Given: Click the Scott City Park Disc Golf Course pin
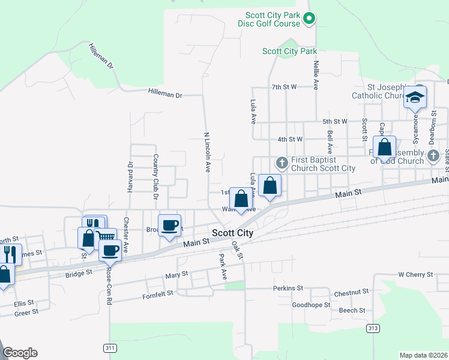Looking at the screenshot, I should coord(310,19).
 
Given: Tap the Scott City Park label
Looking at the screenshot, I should coord(289,52).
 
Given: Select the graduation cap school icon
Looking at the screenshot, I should coord(415,97).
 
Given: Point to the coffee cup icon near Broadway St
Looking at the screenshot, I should coord(169,226).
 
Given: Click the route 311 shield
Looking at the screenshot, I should coord(109,348).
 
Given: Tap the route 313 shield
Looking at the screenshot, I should coord(373,328).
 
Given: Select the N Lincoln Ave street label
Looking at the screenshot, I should coord(207,153).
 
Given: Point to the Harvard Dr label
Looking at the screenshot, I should coord(130,176).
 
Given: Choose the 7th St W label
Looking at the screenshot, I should coord(285,87).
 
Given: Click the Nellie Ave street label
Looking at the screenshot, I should coord(315,73).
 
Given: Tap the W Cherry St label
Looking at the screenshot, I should coord(415,274).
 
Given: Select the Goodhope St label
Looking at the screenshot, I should coord(311,305).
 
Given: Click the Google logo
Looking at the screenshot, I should coord(20,353).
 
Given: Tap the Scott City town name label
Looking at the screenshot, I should coord(232,233).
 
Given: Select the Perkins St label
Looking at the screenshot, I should coord(288,288).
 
